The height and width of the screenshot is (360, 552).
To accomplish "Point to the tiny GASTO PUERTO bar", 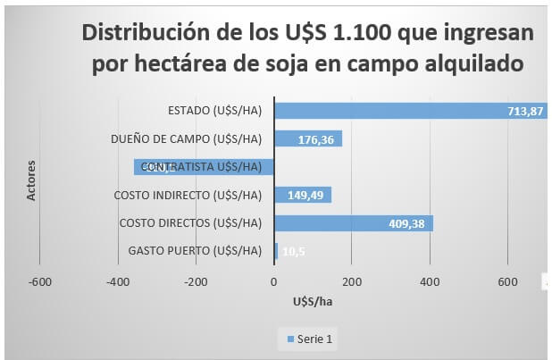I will tap(276, 251).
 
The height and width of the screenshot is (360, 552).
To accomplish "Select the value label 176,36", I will tap(318, 139).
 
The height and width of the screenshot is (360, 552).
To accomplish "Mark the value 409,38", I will tap(408, 223).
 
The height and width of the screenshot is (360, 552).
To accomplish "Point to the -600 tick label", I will tap(39, 282).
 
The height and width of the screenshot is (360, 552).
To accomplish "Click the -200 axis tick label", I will tap(196, 282).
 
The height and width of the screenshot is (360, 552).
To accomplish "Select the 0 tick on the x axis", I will tap(274, 282).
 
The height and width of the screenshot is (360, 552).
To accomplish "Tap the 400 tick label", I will tap(431, 282).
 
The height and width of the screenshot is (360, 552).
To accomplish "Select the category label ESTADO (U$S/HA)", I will tap(214, 111).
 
